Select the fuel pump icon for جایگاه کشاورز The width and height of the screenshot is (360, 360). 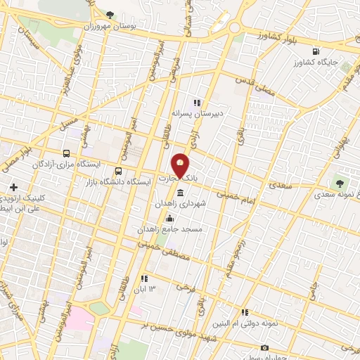coord(316,51)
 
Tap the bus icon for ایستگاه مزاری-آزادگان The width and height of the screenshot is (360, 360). coord(66,153)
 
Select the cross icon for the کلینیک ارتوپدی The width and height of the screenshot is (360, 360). coord(13,186)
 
